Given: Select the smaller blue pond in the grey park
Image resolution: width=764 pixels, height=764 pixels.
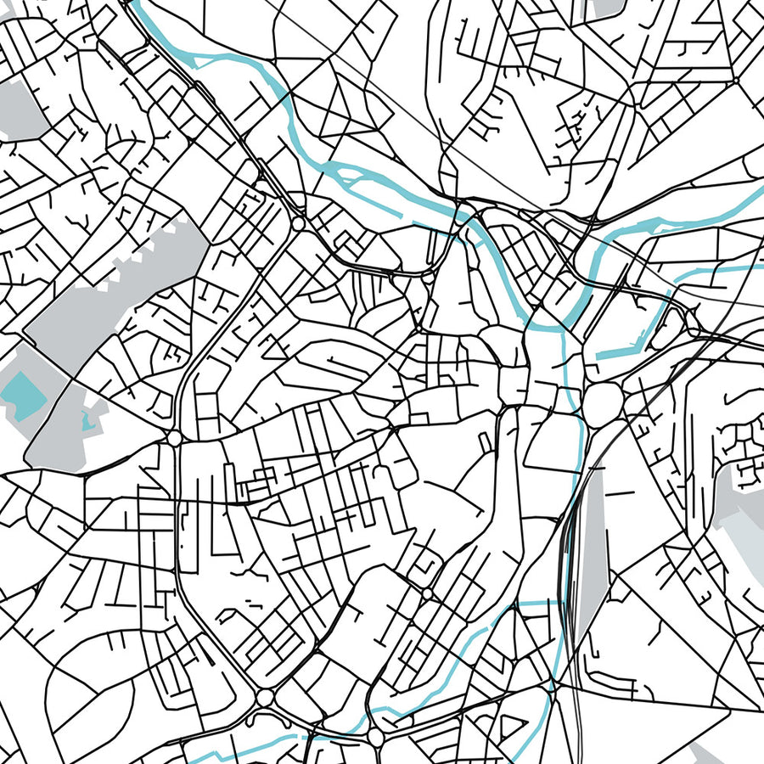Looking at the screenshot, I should click(87, 421).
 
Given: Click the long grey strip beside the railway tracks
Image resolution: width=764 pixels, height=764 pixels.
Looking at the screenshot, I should click(593, 543).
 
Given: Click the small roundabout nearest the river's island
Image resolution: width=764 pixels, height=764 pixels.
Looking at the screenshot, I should click(299, 223).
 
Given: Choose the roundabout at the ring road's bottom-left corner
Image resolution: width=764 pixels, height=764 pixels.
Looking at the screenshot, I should click(265, 697).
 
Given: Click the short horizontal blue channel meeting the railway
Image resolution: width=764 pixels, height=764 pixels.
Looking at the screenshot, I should click(535, 603).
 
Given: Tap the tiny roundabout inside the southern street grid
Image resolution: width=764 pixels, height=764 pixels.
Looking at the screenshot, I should click(426, 593).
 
